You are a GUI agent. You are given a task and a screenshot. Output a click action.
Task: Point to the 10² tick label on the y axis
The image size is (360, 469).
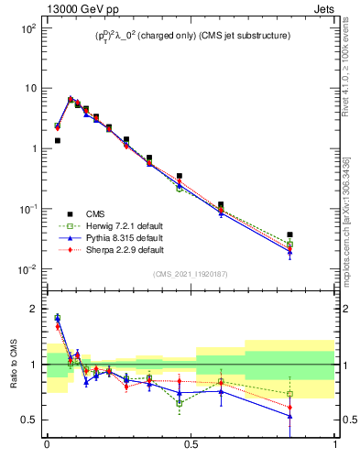click(27, 28)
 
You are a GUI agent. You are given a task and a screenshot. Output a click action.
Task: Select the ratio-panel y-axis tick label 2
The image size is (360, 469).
click(34, 309)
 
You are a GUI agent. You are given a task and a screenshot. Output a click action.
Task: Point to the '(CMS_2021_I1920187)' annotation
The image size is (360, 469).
click(191, 274)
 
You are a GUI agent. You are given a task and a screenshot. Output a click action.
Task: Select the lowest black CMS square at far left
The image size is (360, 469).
click(57, 140)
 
